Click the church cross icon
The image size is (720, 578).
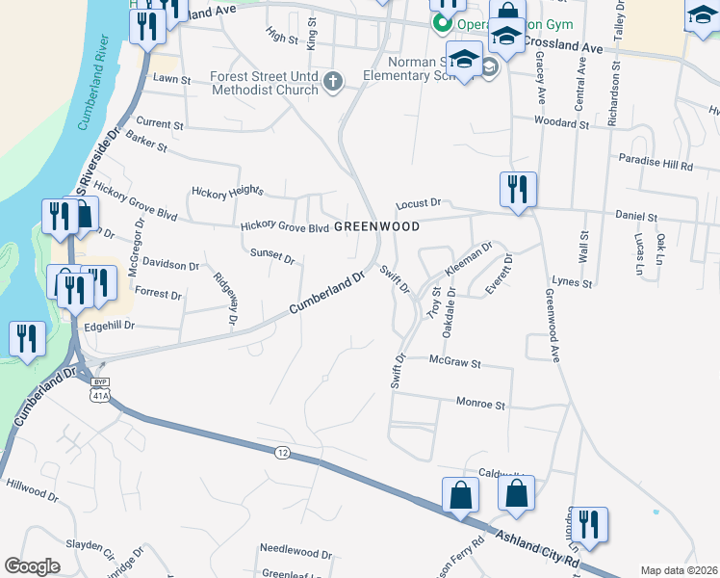332,81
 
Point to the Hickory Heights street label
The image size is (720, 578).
227,191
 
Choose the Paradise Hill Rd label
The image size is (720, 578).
656,165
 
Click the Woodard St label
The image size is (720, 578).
562,123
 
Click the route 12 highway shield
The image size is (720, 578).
281,452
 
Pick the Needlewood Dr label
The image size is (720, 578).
296,554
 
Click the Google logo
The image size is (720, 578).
33,566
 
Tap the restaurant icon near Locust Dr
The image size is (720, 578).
518,189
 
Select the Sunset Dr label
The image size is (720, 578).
271,255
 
